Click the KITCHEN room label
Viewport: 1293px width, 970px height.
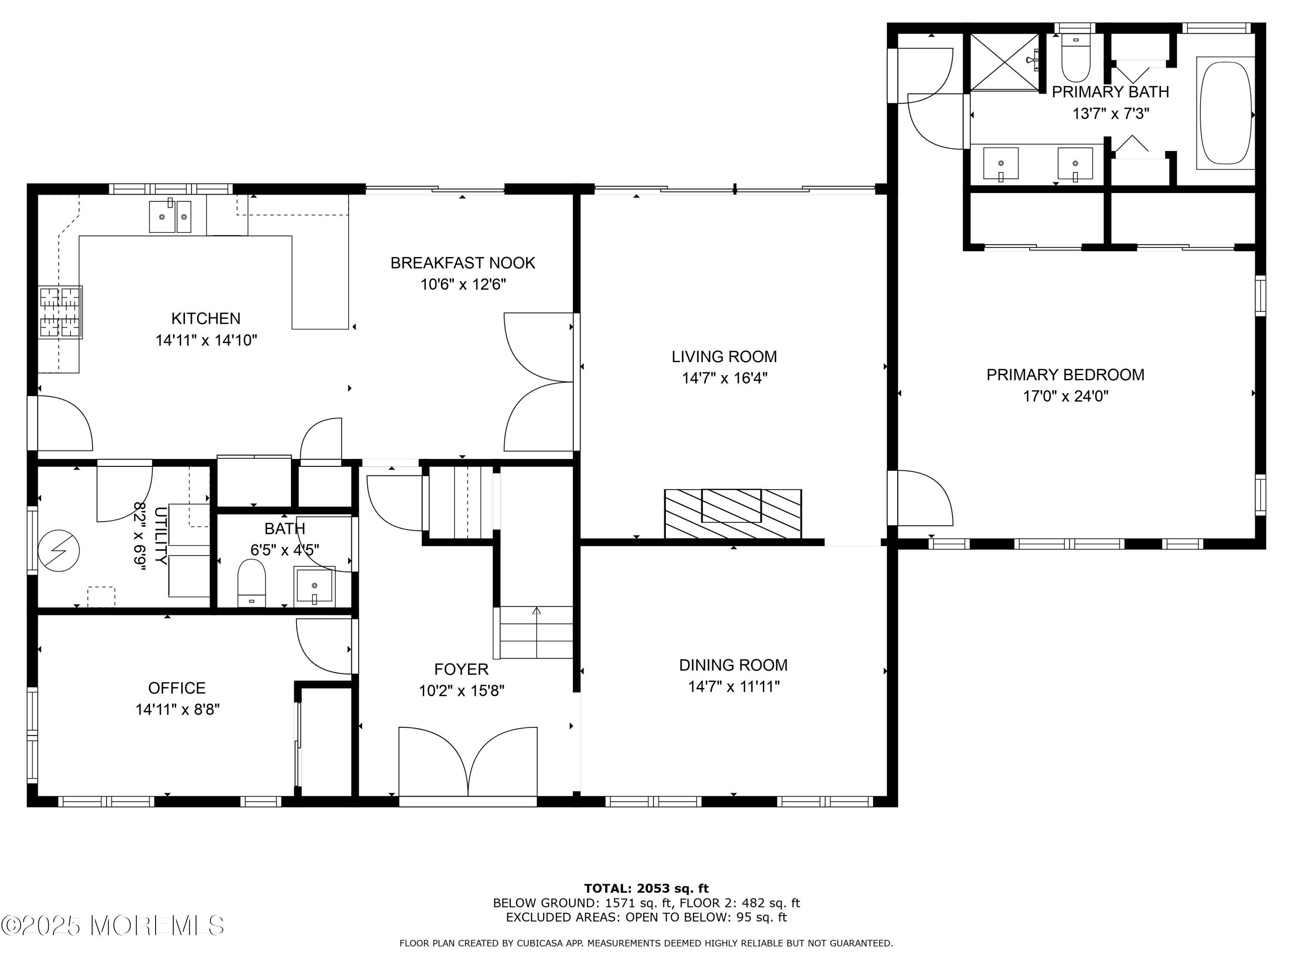point(206,319)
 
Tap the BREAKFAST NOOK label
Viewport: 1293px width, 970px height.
point(463,263)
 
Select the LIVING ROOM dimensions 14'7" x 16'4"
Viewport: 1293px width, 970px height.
point(724,378)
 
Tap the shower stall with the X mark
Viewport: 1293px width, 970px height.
point(1005,62)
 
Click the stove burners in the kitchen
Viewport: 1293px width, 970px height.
point(60,312)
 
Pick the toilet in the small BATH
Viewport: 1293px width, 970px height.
point(252,582)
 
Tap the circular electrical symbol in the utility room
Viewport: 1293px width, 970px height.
point(59,551)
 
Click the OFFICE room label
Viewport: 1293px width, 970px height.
point(177,688)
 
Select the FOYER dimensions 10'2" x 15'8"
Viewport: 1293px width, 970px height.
point(462,691)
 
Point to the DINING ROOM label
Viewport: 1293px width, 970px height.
point(733,665)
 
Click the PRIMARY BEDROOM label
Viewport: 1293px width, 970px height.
point(1065,375)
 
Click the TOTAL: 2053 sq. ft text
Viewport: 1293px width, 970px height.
point(646,889)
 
